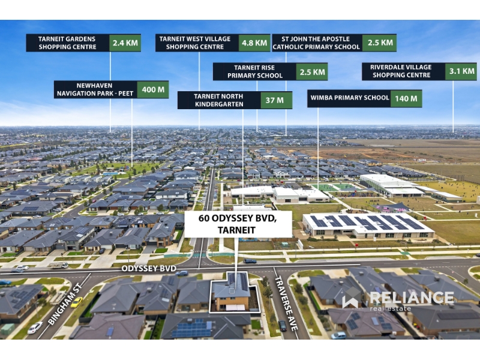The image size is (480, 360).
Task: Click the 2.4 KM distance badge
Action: pos(125,43)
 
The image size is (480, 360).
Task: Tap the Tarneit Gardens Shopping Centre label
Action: pos(68,43)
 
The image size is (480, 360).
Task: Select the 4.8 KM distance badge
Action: pos(254,43)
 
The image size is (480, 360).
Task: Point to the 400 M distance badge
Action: pos(153,89)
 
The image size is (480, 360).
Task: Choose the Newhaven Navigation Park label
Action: pos(95,89)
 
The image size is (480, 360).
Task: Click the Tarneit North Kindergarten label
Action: pos(219,100)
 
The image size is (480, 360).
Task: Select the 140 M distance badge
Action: pos(406,98)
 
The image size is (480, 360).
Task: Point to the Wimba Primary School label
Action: pos(349,98)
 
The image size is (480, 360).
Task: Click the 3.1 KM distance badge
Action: pos(461,71)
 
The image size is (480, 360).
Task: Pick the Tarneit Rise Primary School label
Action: pos(254,72)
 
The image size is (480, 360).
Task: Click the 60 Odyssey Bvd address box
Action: pos(238,224)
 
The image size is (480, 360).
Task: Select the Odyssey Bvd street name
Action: pos(149,268)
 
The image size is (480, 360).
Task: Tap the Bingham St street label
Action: pos(65,304)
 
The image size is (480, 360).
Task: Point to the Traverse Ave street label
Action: pos(286,303)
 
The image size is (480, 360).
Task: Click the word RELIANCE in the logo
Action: pos(412,298)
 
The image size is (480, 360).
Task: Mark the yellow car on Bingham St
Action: pos(76,302)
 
